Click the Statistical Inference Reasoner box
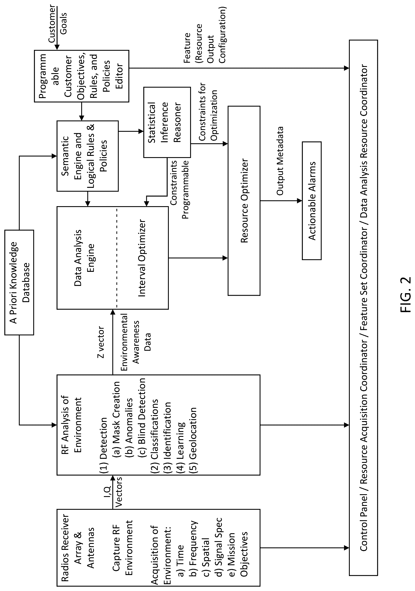tap(167, 122)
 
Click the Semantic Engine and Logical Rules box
tap(87, 156)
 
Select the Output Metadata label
tap(280, 161)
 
